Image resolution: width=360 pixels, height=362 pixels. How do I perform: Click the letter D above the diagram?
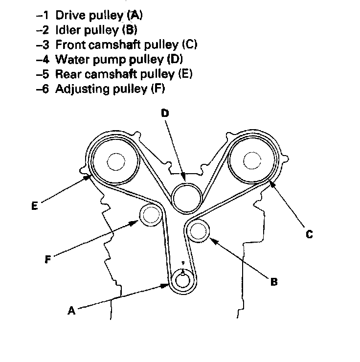click(165, 113)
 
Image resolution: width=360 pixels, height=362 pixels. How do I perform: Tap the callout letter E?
click(34, 206)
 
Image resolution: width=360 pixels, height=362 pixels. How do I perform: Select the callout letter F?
click(47, 260)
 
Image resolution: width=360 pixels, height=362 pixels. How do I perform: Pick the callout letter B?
click(274, 282)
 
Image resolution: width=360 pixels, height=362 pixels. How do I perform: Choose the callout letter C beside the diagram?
click(309, 234)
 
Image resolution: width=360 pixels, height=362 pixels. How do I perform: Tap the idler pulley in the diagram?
click(199, 230)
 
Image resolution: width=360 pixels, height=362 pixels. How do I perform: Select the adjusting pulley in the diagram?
click(151, 215)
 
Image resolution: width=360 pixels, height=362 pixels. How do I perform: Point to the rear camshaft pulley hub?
click(116, 161)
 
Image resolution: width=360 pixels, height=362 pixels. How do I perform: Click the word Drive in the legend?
click(67, 15)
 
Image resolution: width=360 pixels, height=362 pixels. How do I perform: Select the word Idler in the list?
click(66, 30)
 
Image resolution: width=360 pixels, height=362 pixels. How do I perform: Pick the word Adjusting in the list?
click(77, 89)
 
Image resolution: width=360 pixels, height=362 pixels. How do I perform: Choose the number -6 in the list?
click(43, 90)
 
